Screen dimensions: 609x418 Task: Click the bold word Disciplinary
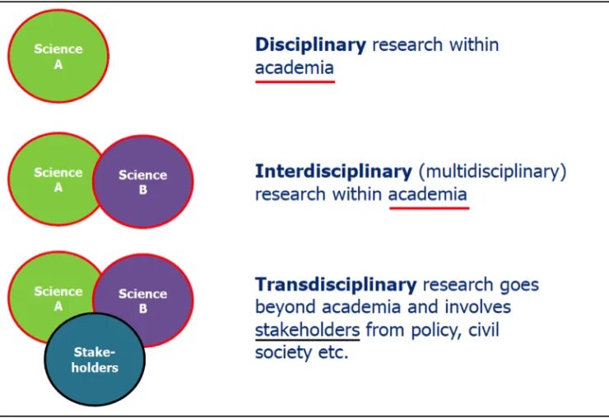click(x=310, y=45)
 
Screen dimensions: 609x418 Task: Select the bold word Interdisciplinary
click(x=333, y=172)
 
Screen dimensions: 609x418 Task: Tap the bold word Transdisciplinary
click(x=336, y=286)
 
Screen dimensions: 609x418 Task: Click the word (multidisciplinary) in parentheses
click(x=492, y=172)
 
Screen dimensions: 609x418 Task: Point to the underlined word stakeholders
click(x=307, y=330)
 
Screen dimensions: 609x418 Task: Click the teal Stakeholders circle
click(x=95, y=360)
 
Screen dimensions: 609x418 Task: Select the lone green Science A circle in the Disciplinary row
click(x=58, y=56)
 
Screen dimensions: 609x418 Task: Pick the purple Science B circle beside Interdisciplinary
click(x=143, y=181)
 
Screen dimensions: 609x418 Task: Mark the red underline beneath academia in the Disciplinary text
click(x=295, y=81)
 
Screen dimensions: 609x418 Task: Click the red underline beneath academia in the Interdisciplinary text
click(x=429, y=208)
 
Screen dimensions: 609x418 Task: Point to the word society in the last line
click(x=284, y=353)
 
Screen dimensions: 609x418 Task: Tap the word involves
click(x=477, y=307)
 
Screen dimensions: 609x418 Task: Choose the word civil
click(x=484, y=329)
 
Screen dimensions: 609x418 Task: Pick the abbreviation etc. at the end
click(x=332, y=353)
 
